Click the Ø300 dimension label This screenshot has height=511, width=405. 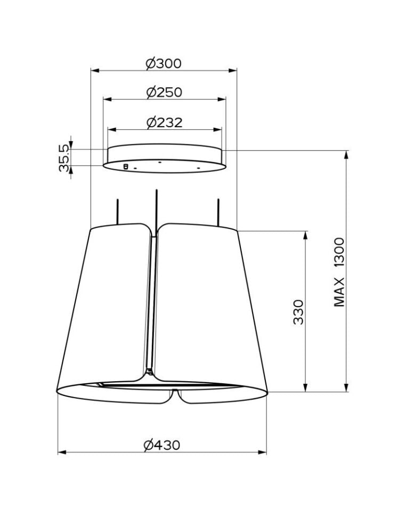pyautogui.click(x=164, y=63)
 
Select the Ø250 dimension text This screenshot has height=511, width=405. pyautogui.click(x=164, y=92)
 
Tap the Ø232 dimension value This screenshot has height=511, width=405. pyautogui.click(x=165, y=122)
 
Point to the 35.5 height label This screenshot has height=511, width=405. pyautogui.click(x=64, y=158)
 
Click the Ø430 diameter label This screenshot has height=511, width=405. pyautogui.click(x=162, y=445)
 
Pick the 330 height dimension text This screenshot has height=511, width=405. pyautogui.click(x=298, y=312)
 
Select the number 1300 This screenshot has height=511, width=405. pyautogui.click(x=339, y=253)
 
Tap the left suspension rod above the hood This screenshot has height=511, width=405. pyautogui.click(x=117, y=211)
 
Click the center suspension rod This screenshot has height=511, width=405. pyautogui.click(x=157, y=211)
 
